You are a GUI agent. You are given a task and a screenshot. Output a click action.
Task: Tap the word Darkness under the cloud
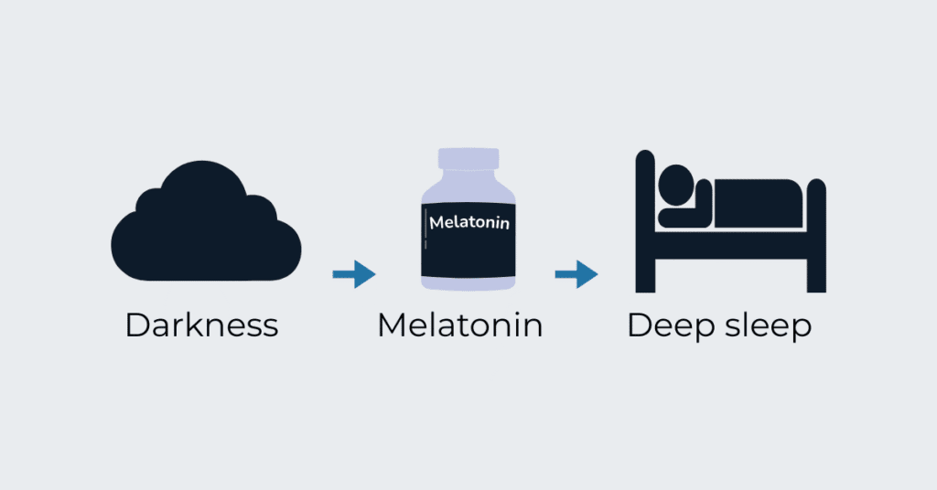[x=201, y=325]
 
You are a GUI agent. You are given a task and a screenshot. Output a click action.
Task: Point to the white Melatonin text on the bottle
[x=468, y=222]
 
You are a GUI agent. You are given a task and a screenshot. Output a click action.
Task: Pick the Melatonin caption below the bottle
[x=459, y=325]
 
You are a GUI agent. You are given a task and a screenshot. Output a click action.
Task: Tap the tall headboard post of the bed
[x=645, y=219]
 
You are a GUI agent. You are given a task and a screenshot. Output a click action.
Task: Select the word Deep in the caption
[x=662, y=327]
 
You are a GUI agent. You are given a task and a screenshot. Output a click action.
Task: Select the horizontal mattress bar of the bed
[x=732, y=245]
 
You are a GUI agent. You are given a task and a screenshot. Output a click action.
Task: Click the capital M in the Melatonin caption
[x=393, y=325]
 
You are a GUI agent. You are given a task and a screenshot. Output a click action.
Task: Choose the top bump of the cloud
[x=203, y=178]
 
